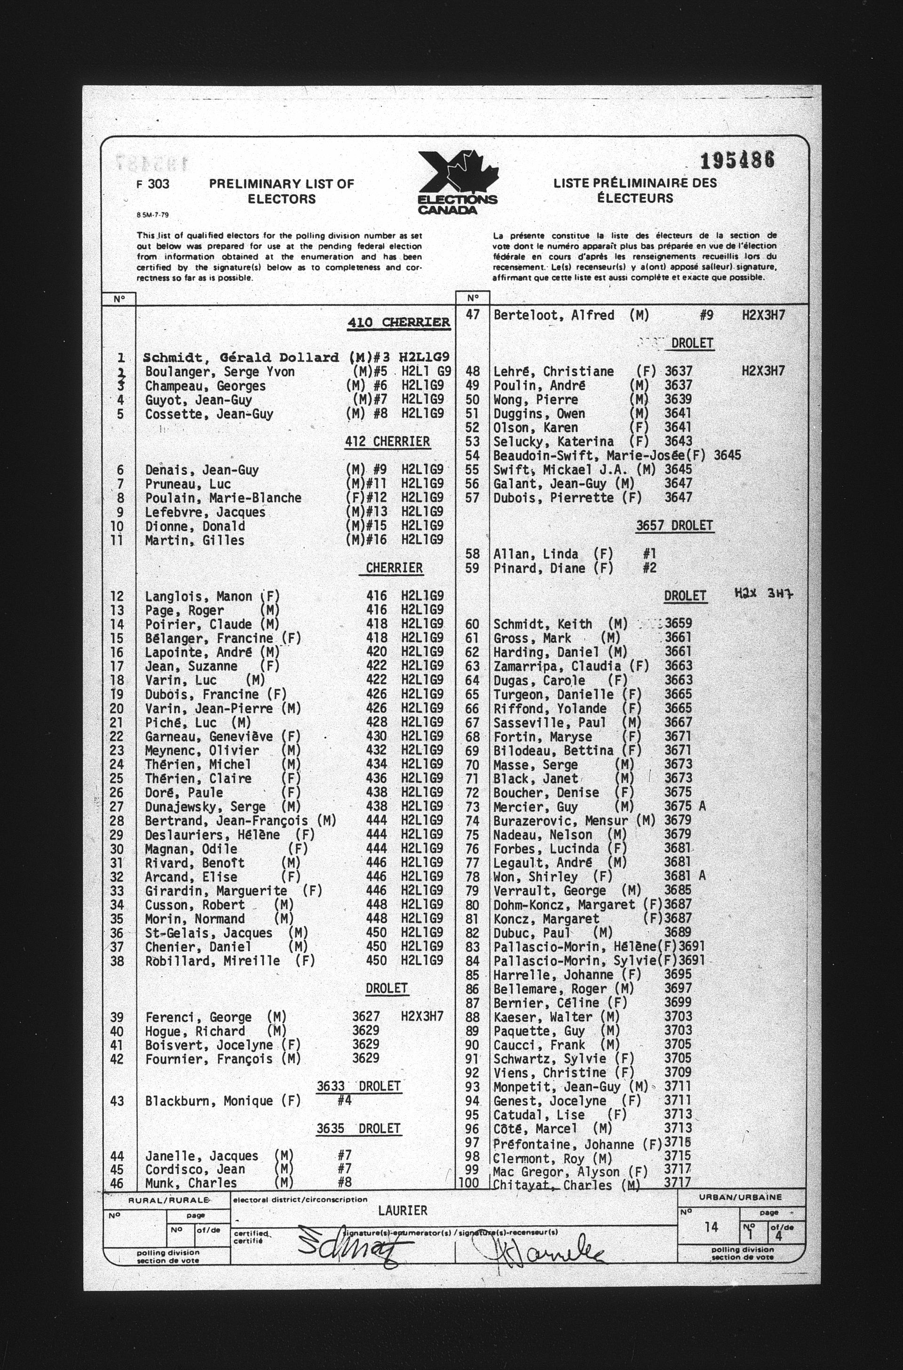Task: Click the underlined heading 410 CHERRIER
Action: point(398,322)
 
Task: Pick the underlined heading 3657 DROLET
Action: point(674,526)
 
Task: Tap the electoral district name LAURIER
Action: point(403,1211)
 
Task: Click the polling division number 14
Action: point(711,1227)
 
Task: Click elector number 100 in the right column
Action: point(472,1185)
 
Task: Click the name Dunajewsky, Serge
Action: point(205,806)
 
